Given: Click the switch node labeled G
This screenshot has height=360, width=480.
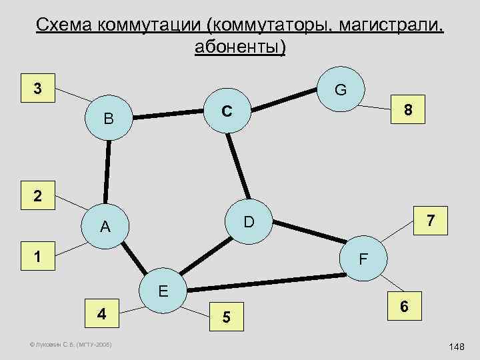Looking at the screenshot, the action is coord(339,89).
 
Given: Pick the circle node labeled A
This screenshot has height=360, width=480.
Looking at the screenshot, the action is coord(105,227).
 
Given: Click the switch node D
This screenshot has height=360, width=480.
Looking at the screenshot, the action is coord(248,221).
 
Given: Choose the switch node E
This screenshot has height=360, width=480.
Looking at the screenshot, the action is coord(164,291).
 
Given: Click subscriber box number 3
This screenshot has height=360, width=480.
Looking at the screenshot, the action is coord(39,89).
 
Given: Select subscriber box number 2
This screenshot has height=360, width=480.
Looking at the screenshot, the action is coord(39,197).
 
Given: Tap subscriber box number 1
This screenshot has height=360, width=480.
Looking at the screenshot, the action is coord(39,256).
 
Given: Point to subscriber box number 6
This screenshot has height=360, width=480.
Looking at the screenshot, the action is coord(403,307).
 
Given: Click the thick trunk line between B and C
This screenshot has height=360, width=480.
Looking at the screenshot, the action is coord(167,116).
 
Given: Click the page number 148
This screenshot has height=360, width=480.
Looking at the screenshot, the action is coord(457,347).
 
